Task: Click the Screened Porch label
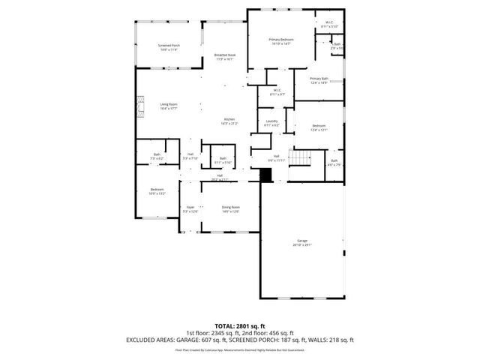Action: tap(169, 47)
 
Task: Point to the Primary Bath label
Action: tap(319, 80)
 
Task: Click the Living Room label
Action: tap(168, 106)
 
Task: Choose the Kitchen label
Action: tap(229, 121)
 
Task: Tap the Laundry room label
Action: tap(271, 122)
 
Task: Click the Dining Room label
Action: tap(230, 208)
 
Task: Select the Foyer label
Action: tap(190, 208)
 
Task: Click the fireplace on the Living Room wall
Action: tap(139, 108)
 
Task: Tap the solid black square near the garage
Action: tap(264, 175)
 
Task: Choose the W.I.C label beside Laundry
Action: tap(277, 91)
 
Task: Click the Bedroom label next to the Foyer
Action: tap(157, 190)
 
